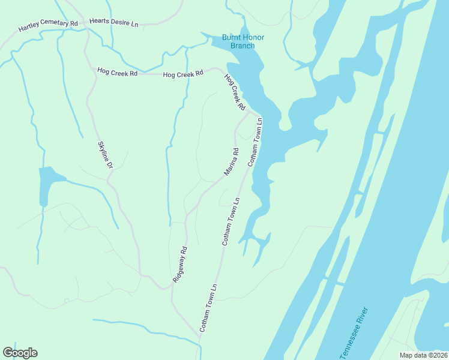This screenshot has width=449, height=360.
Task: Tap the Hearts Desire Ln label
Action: pos(113,22)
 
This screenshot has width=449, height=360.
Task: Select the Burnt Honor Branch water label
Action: pos(243,41)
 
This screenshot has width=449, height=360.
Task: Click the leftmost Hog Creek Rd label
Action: pos(118,72)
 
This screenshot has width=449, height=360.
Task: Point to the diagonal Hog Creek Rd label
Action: pos(235,92)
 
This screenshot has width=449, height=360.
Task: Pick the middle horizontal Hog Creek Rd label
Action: pos(183,73)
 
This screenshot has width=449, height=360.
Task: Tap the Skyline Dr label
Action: pos(105,155)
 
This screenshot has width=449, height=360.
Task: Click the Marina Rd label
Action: pos(232,162)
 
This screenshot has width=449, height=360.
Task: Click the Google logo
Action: pos(20,353)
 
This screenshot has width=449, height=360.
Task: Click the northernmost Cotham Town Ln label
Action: pos(255,141)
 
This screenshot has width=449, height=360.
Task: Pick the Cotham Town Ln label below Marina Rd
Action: pos(231,221)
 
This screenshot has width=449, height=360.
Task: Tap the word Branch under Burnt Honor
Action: pos(243,46)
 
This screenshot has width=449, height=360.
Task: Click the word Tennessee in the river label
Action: pos(350,341)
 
